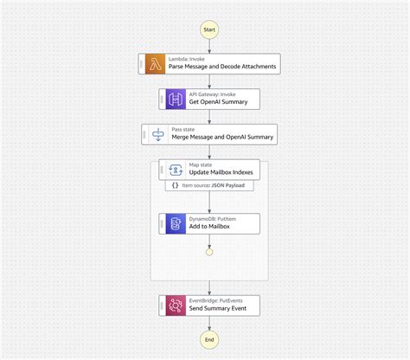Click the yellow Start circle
click(x=208, y=29)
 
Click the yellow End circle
click(x=208, y=340)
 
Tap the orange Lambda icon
click(x=157, y=62)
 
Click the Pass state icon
click(x=159, y=134)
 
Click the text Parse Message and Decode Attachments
click(x=221, y=67)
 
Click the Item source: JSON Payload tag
click(x=208, y=185)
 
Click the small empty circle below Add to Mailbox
click(x=208, y=252)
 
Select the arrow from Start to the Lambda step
click(x=208, y=45)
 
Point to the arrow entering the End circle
click(x=208, y=324)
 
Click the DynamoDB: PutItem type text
click(x=213, y=219)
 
